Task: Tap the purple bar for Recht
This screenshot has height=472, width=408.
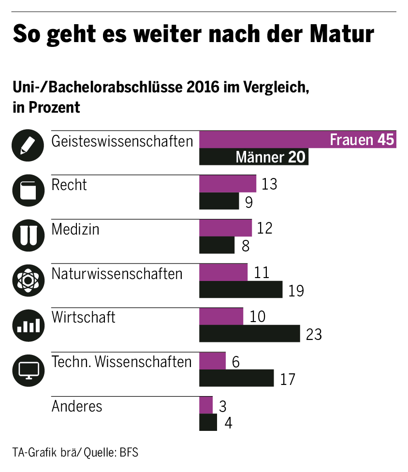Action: click(x=228, y=184)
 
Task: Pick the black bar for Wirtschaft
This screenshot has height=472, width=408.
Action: click(x=249, y=334)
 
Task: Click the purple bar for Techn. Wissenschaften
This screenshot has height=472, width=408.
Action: click(x=213, y=361)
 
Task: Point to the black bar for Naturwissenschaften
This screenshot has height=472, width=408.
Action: click(x=241, y=290)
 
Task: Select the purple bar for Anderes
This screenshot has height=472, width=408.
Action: click(x=206, y=405)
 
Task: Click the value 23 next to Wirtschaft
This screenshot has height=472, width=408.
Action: click(x=314, y=334)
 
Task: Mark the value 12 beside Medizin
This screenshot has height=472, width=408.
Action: click(x=264, y=228)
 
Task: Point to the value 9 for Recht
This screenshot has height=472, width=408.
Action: click(x=248, y=202)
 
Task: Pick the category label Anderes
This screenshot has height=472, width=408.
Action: click(x=77, y=406)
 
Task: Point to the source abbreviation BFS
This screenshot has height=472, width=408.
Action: click(x=129, y=453)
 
